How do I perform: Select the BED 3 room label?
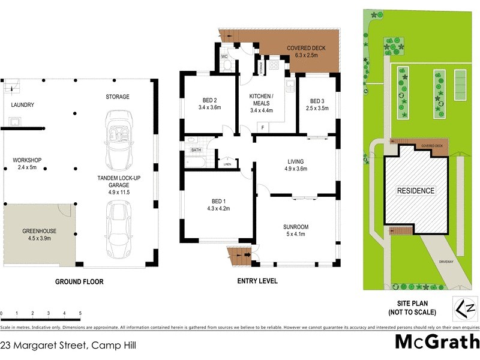tap(317, 100)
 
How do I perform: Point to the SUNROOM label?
tap(296, 227)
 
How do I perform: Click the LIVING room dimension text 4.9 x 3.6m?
tap(295, 169)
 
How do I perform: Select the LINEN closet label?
tap(227, 164)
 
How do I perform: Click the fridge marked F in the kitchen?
tap(262, 127)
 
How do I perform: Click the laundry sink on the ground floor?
tap(14, 124)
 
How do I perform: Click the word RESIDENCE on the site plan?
tap(416, 191)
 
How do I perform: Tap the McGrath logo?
tap(436, 341)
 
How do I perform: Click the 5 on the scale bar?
tap(80, 314)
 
